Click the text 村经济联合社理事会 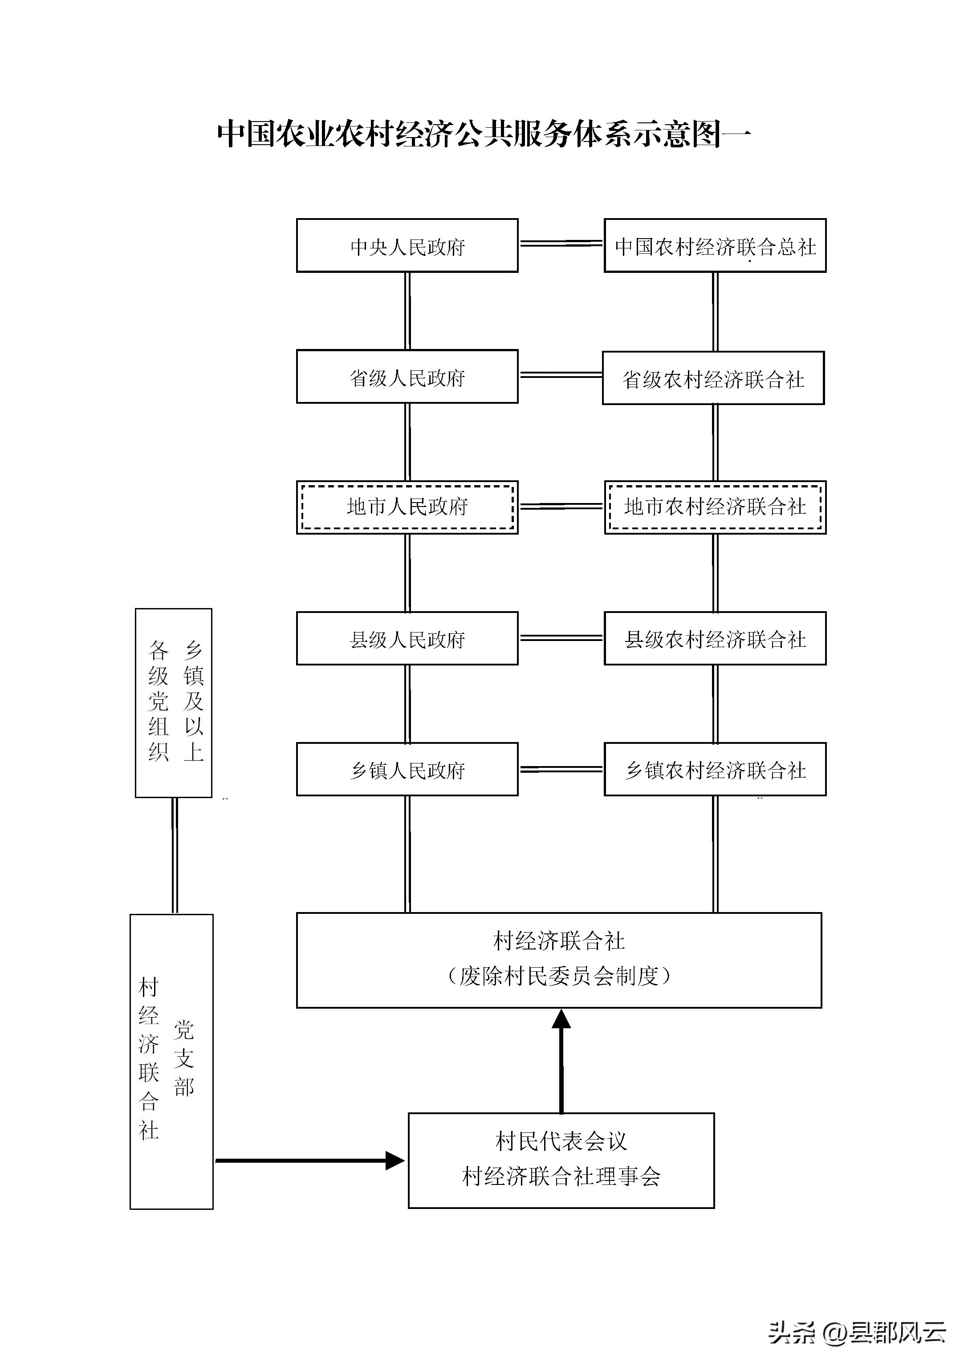[x=561, y=1176]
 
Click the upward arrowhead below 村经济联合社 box [x=561, y=1020]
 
